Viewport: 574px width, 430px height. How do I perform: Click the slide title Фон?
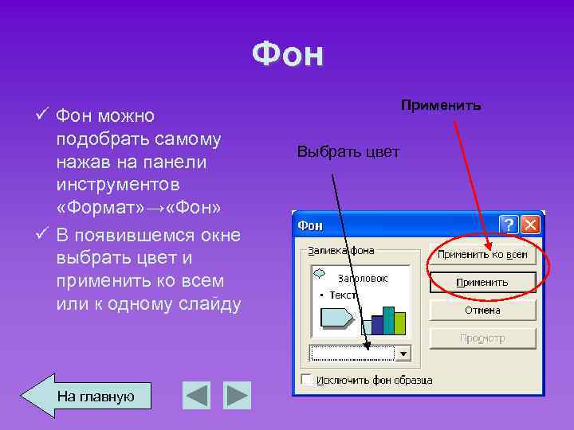(288, 55)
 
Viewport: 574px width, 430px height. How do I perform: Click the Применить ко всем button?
(482, 255)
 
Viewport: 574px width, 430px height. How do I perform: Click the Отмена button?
(482, 310)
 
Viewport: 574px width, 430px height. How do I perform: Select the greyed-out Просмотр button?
(482, 338)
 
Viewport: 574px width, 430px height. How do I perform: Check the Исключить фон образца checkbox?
(308, 380)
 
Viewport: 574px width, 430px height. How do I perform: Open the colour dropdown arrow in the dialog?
(403, 353)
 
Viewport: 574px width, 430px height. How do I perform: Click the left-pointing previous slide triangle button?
(197, 395)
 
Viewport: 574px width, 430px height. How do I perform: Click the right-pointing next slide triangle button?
(237, 395)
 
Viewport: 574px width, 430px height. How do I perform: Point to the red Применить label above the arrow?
(441, 105)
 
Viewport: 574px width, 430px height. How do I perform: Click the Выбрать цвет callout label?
(348, 151)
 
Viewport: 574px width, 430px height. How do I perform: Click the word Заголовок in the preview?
(363, 279)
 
